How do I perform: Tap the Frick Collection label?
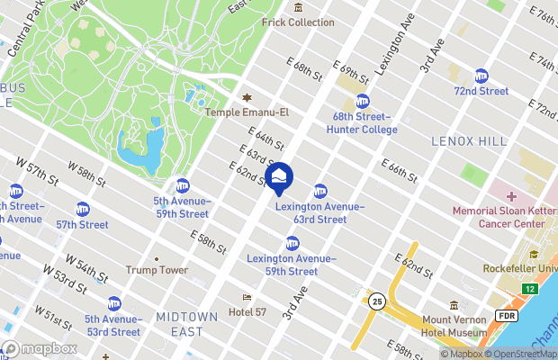(x=298, y=22)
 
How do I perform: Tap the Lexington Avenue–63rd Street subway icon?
(x=319, y=191)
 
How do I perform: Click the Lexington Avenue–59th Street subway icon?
(x=292, y=243)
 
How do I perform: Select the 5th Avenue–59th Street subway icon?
(x=182, y=185)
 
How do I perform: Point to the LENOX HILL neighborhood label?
(x=463, y=141)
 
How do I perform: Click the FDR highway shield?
(x=505, y=317)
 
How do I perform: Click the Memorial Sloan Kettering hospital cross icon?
(x=511, y=196)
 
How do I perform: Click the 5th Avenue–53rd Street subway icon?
(x=113, y=304)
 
